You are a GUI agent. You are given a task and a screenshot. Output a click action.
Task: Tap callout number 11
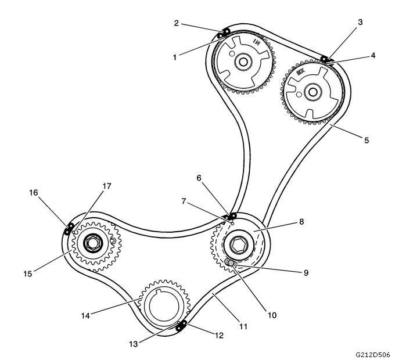[243, 327]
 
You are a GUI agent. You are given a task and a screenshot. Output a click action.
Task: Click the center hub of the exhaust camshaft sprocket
[312, 91]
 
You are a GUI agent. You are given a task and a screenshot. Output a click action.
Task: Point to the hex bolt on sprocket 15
[92, 243]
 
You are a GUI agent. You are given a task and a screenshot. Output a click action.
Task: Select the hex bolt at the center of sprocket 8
[238, 244]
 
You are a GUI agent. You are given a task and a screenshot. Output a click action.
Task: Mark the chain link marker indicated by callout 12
[182, 325]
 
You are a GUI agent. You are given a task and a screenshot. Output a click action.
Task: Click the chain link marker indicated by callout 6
[233, 216]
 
